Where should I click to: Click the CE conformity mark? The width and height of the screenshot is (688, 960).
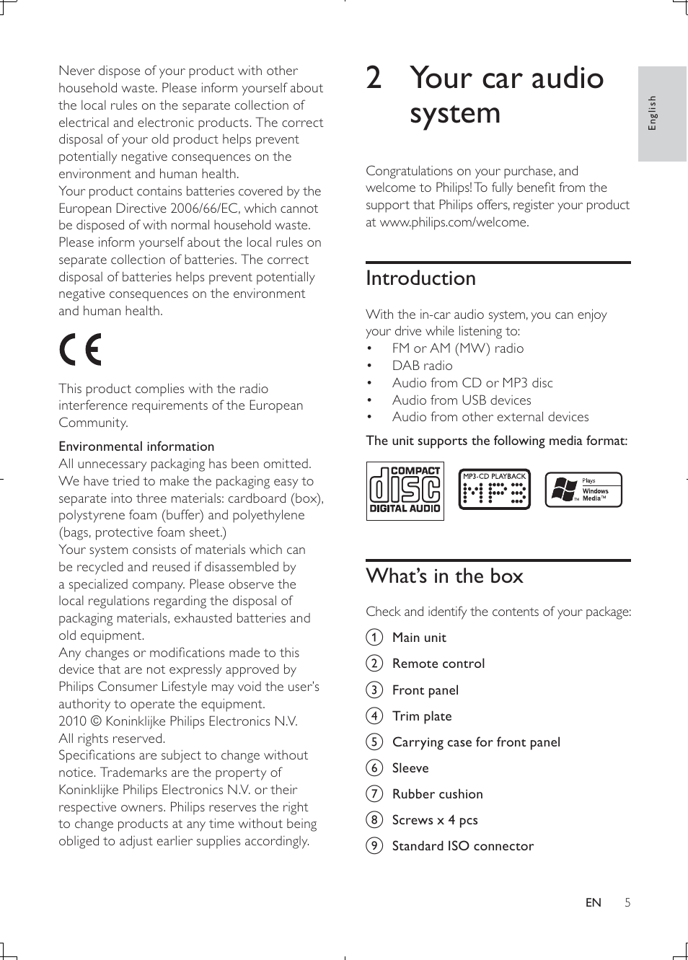pyautogui.click(x=80, y=351)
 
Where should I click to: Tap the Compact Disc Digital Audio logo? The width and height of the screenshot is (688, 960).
pyautogui.click(x=405, y=491)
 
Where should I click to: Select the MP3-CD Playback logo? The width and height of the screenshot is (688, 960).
pyautogui.click(x=494, y=490)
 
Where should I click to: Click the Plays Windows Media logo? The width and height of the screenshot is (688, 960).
pyautogui.click(x=583, y=490)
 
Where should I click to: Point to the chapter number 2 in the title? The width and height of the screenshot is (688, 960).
pyautogui.click(x=374, y=78)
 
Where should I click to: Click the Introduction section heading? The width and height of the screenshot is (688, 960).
pyautogui.click(x=420, y=278)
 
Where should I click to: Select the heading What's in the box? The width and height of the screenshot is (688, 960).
pyautogui.click(x=444, y=576)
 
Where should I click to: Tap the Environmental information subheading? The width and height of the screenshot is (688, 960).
pyautogui.click(x=136, y=446)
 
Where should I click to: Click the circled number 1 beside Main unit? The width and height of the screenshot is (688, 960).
pyautogui.click(x=374, y=638)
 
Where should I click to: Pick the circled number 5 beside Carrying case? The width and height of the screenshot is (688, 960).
pyautogui.click(x=374, y=742)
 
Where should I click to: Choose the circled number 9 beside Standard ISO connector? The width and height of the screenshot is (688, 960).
pyautogui.click(x=374, y=846)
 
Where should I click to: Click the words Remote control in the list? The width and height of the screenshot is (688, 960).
pyautogui.click(x=438, y=664)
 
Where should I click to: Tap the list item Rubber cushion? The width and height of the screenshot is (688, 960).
pyautogui.click(x=437, y=794)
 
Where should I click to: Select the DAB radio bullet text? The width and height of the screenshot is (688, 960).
pyautogui.click(x=422, y=366)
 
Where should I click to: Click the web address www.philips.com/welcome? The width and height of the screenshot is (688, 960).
pyautogui.click(x=454, y=222)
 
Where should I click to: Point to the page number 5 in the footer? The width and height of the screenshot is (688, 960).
pyautogui.click(x=627, y=902)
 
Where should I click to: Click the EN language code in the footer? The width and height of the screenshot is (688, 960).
pyautogui.click(x=593, y=902)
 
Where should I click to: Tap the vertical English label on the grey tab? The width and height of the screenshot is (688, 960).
pyautogui.click(x=653, y=113)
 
